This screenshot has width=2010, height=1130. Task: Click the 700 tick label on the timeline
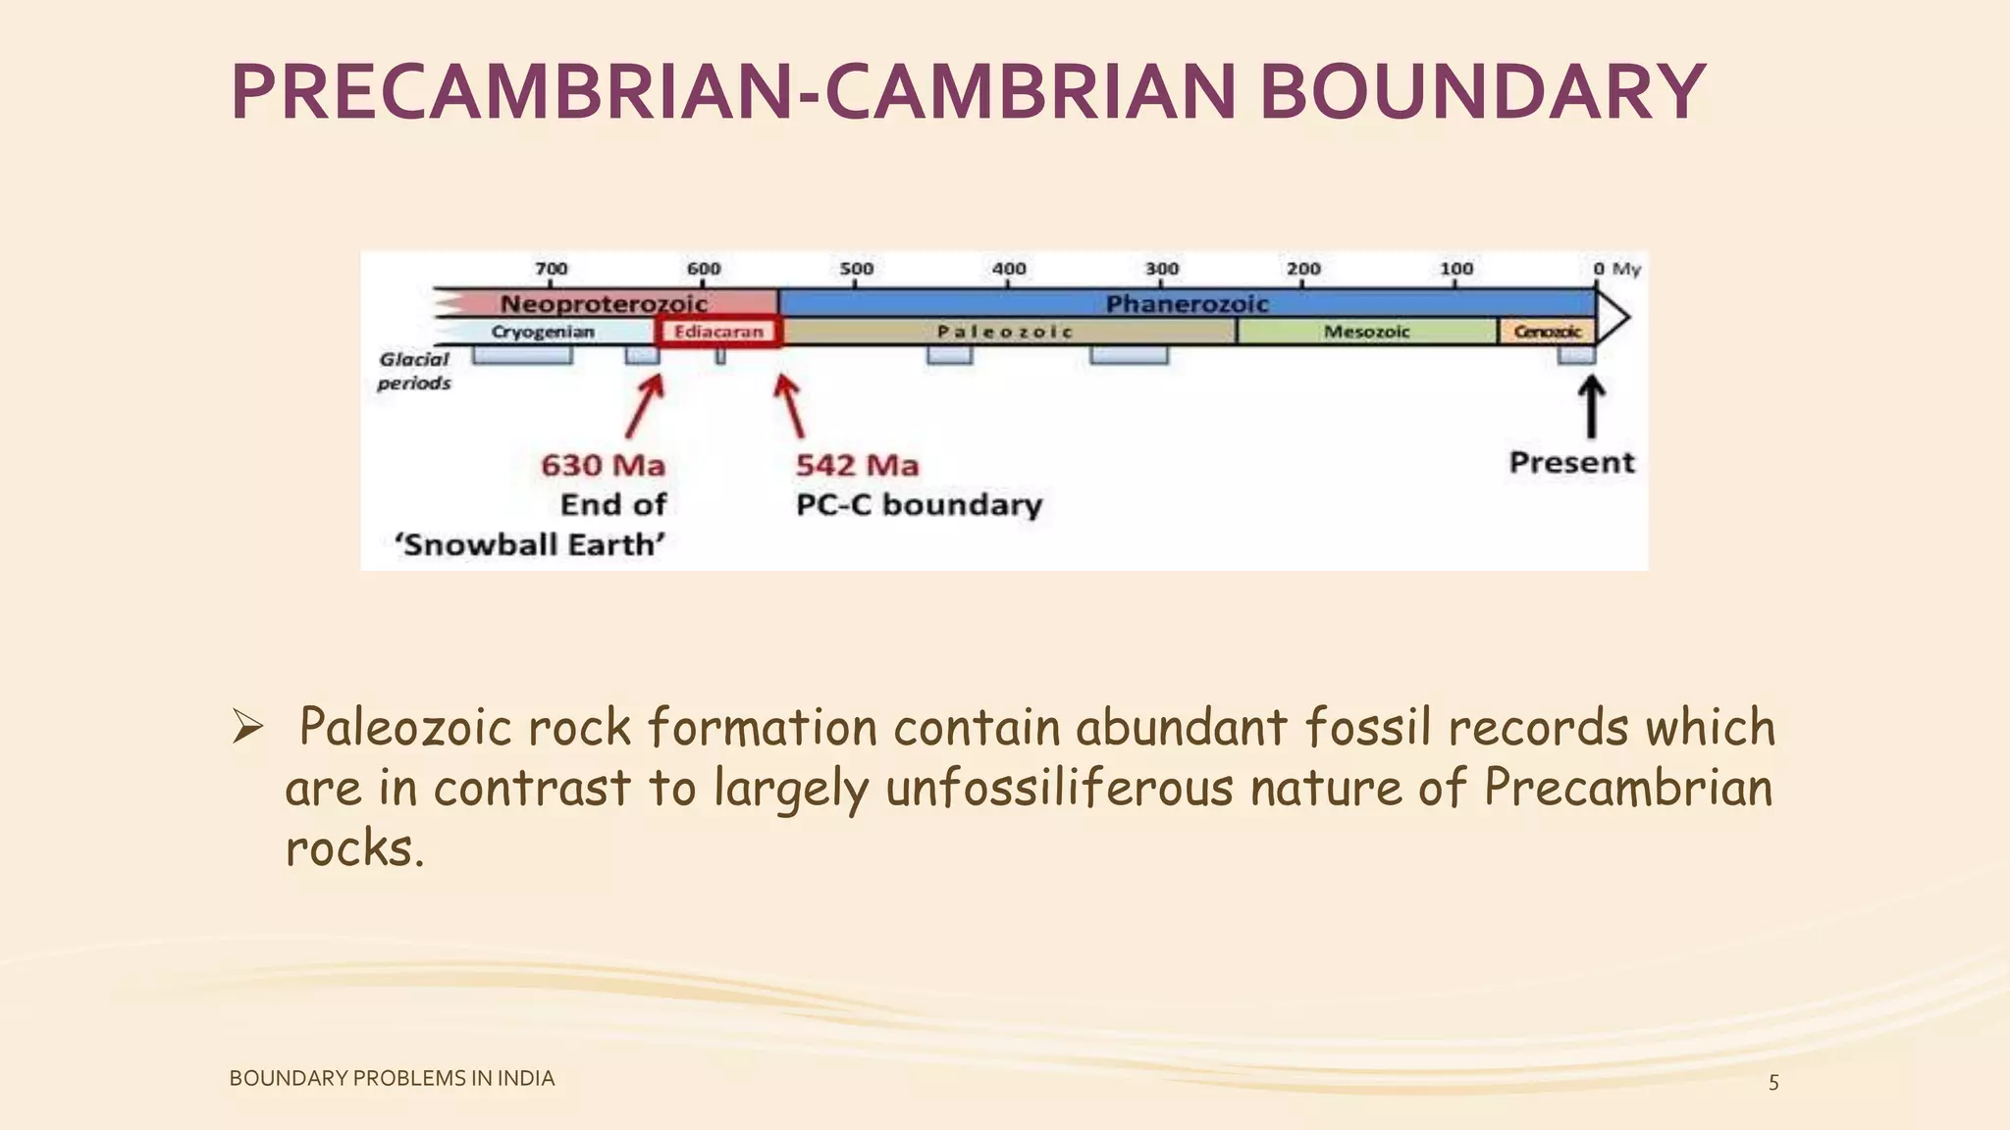click(551, 268)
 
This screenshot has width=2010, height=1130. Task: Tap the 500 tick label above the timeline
click(856, 268)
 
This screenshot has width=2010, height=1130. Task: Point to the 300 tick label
click(1161, 268)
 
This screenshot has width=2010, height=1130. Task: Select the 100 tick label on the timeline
click(1455, 268)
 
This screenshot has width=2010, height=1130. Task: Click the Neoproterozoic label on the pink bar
click(604, 303)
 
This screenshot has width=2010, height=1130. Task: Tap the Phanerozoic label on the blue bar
click(1187, 303)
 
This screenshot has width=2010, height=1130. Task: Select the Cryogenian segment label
click(543, 332)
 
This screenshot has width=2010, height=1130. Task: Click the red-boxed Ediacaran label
click(718, 332)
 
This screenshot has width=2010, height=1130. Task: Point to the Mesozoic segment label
click(1366, 332)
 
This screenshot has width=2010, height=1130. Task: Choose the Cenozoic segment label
click(1547, 332)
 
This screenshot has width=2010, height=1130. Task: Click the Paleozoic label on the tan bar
click(1005, 332)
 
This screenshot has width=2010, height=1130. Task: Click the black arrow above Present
click(1591, 407)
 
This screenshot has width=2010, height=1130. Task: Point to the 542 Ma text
click(857, 465)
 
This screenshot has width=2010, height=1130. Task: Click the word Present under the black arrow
click(1571, 462)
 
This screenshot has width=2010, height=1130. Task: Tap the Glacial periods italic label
click(414, 371)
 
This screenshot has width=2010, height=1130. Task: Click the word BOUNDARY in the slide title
click(1482, 92)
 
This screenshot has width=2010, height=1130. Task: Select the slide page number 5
click(1773, 1083)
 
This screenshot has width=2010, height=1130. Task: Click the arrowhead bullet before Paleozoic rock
click(247, 728)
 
